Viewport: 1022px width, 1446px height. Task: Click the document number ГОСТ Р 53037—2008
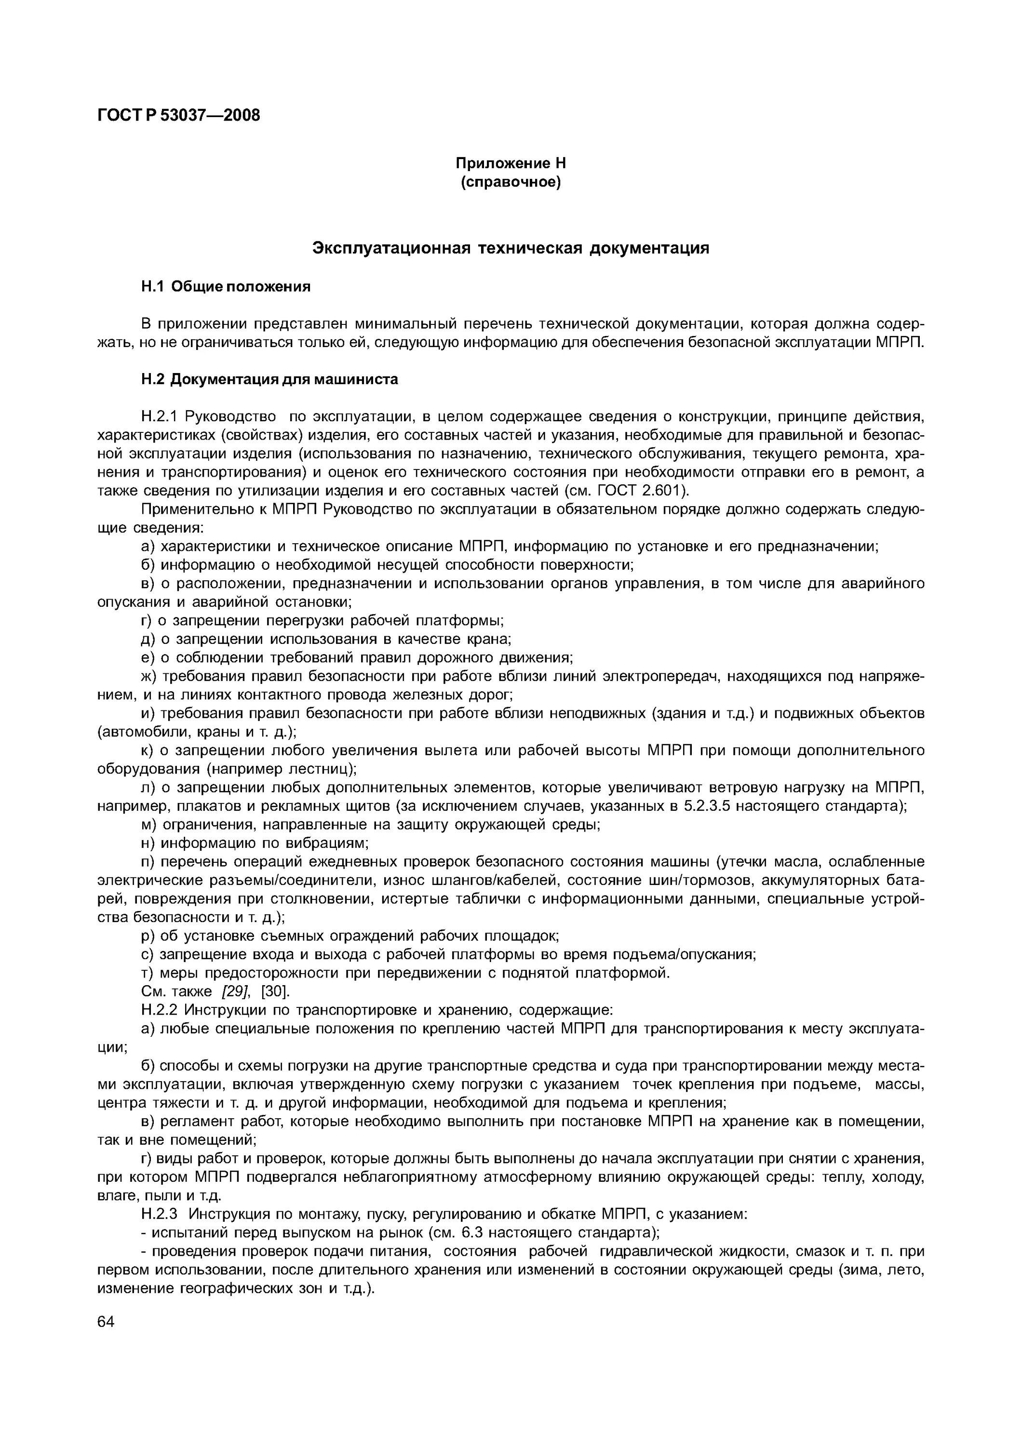coord(178,115)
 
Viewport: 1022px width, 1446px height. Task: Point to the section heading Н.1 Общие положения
coord(226,287)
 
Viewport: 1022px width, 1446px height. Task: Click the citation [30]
coord(275,991)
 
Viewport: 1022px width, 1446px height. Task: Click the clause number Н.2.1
coord(161,416)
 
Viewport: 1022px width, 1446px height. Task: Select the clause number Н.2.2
coord(161,1010)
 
